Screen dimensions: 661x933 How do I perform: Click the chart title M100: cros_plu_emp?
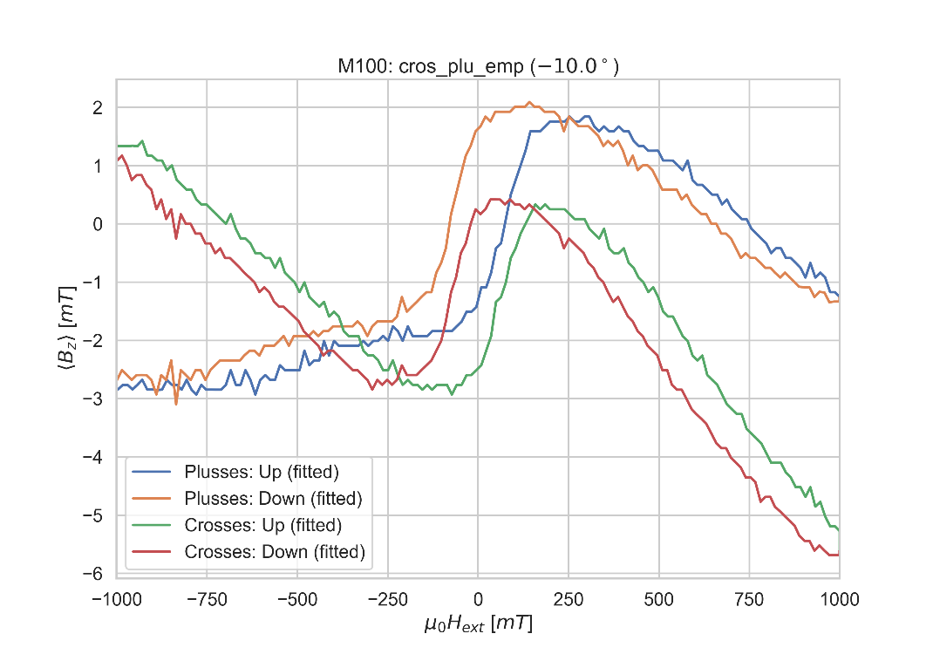(x=478, y=66)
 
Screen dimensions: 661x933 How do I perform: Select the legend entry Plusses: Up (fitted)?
(x=262, y=472)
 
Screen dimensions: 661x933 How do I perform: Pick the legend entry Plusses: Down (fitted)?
(x=272, y=498)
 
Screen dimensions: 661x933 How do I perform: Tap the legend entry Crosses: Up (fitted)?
(x=262, y=525)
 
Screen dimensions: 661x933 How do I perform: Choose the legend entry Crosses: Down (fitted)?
(x=274, y=551)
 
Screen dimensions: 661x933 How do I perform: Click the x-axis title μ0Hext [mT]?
(x=478, y=624)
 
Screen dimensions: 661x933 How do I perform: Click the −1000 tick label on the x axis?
(x=117, y=599)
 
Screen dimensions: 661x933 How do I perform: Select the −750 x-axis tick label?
(x=207, y=599)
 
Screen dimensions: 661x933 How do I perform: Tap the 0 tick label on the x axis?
(x=478, y=599)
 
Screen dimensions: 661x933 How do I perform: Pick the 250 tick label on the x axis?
(x=569, y=599)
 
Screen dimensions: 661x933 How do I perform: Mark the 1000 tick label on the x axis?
(x=839, y=599)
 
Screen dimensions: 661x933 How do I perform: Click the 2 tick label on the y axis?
(x=98, y=108)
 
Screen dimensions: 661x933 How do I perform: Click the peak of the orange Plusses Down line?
(x=529, y=102)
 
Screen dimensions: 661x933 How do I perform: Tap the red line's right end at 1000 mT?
(x=839, y=555)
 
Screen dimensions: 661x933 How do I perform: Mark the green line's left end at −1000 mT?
(x=118, y=146)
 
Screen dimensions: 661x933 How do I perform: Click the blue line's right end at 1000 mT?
(x=839, y=296)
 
